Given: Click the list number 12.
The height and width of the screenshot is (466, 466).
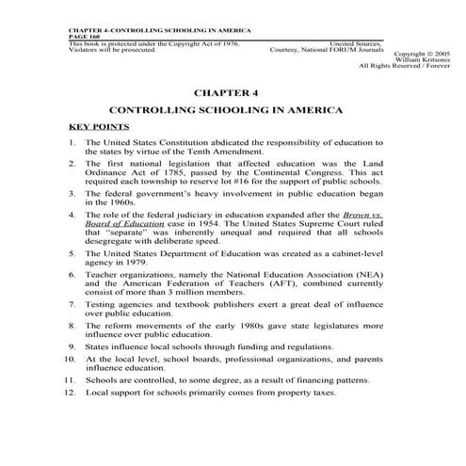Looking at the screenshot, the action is (72, 438).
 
